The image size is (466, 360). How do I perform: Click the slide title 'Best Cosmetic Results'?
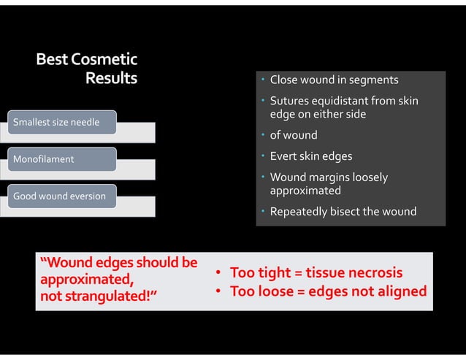point(87,67)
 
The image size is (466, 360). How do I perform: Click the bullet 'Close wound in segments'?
point(334,80)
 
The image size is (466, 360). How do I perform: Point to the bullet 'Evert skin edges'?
point(310,156)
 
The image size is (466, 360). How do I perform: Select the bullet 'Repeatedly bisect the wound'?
point(343,212)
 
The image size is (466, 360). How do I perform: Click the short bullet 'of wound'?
point(294,135)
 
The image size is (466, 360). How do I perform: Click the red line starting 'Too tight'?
point(316,273)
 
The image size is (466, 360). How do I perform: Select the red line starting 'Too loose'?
point(327,291)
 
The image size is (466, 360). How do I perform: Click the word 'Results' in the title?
point(111,77)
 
